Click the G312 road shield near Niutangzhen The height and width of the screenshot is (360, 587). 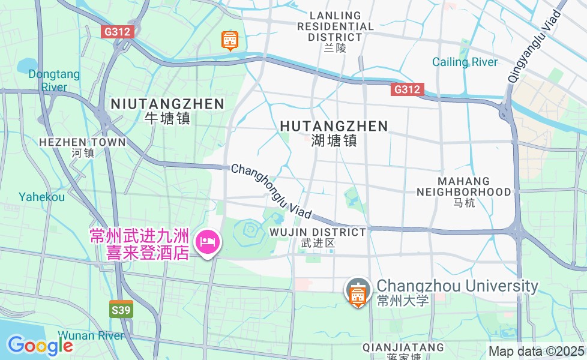[117, 32]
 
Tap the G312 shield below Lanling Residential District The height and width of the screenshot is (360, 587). [408, 89]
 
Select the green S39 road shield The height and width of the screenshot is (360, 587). [121, 310]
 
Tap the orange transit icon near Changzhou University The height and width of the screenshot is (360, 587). [358, 293]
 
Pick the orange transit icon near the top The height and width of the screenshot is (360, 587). [229, 40]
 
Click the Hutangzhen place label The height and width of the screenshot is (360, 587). [334, 132]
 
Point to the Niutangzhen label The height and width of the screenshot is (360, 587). [167, 110]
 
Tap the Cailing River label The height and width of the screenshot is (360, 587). [465, 62]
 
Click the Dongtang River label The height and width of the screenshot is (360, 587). [53, 80]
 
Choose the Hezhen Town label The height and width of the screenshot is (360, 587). [82, 147]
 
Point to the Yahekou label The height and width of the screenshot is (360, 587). [41, 197]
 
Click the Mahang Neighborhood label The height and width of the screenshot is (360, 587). [463, 191]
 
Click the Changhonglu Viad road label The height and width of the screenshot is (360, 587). [271, 191]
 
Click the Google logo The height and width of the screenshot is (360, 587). [40, 345]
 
